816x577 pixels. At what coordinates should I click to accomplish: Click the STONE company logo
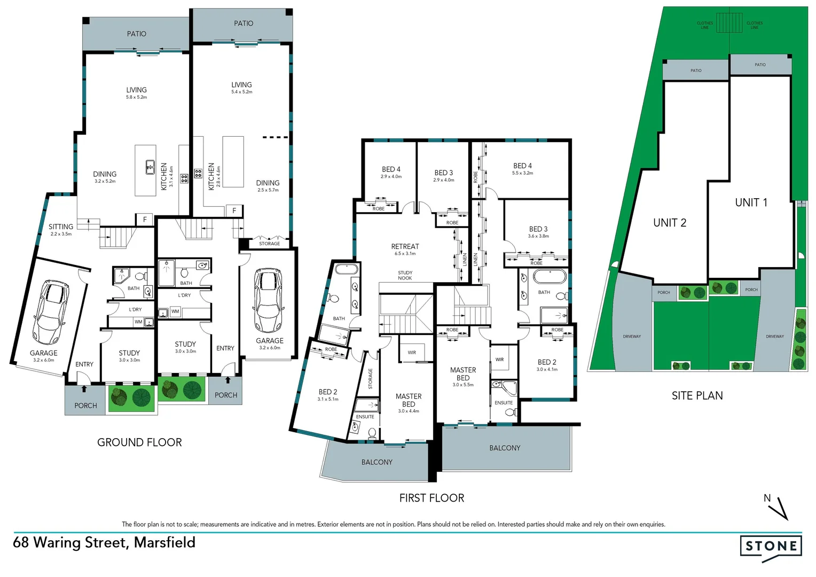771,546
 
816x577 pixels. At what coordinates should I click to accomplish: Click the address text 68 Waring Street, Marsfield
104,542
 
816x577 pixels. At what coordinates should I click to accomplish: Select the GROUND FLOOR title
139,442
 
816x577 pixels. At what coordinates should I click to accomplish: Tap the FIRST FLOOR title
431,498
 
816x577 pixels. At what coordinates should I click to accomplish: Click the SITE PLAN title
697,395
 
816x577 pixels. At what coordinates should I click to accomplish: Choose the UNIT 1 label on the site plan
751,202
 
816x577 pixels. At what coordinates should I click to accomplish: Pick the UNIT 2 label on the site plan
670,223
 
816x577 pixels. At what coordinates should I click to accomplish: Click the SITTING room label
61,227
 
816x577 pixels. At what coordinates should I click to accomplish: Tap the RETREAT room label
405,247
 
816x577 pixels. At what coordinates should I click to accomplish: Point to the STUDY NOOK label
405,275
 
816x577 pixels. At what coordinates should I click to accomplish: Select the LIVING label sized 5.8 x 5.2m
136,90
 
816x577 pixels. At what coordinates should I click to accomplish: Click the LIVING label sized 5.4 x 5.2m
241,85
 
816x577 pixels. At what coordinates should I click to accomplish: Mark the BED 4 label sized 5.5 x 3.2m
522,166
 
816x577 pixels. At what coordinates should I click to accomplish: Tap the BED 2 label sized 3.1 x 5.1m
327,392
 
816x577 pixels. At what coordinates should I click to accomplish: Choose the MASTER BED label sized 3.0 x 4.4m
409,400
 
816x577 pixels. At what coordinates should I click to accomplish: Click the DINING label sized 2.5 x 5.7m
268,183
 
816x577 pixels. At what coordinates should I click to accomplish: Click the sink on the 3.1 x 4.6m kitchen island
150,167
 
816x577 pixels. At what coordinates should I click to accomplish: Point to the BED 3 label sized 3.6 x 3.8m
538,229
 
